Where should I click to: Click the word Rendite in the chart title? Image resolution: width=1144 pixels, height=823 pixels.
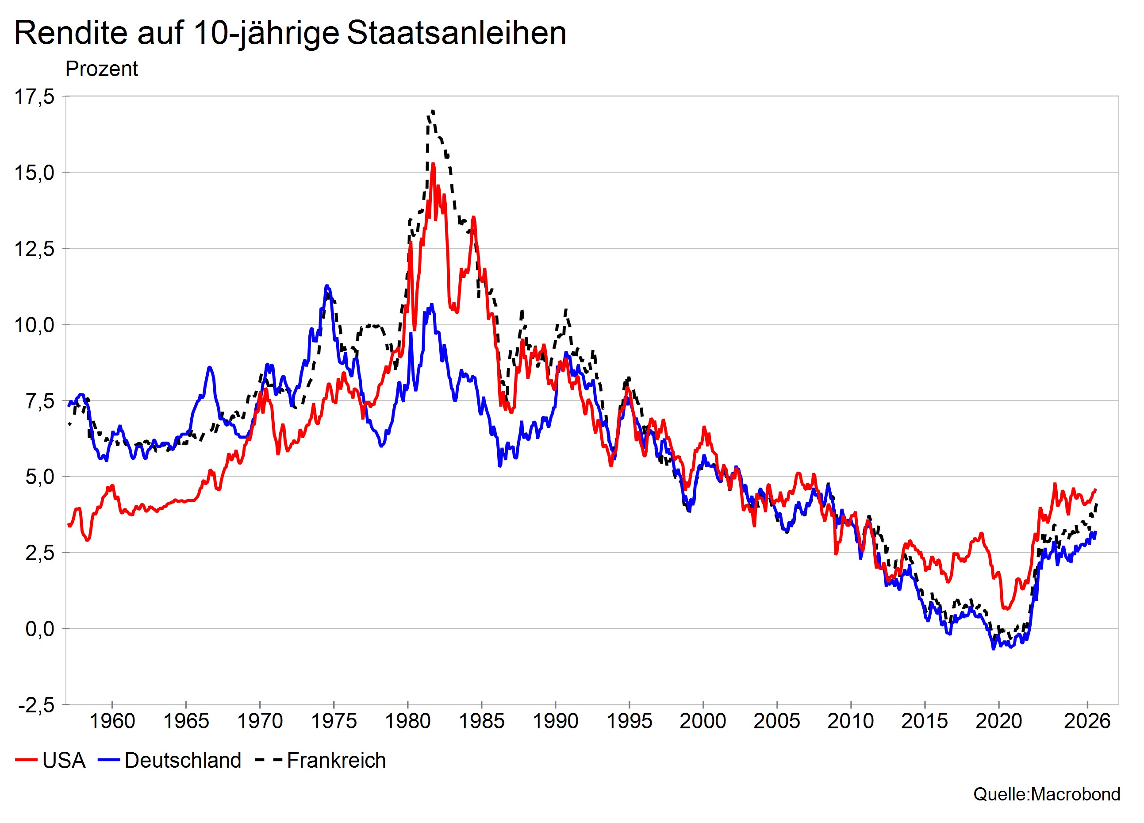(71, 33)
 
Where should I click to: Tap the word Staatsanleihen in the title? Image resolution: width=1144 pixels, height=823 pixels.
(457, 33)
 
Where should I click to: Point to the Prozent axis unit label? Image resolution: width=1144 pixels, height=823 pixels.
(101, 69)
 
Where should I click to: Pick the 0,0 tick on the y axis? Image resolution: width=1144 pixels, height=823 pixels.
(40, 629)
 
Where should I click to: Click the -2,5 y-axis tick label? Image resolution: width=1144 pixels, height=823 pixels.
(36, 705)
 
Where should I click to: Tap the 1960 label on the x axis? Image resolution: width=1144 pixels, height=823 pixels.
(112, 721)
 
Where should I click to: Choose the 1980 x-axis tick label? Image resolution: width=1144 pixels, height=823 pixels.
(407, 721)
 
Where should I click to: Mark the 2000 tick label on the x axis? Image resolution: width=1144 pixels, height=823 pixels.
(703, 721)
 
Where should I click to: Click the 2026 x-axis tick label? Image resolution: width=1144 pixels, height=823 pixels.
(1087, 721)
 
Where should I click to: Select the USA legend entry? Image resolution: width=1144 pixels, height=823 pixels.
(50, 761)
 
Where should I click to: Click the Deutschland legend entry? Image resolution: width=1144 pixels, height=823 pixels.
(169, 761)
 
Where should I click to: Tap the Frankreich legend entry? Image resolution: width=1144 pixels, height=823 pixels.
(321, 761)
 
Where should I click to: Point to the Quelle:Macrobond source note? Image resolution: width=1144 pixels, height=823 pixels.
(1047, 794)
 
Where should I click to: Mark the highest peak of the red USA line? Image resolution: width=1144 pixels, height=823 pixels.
(433, 164)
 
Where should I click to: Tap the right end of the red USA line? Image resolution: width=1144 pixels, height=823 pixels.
(1096, 489)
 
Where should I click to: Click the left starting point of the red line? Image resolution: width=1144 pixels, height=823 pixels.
(69, 525)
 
